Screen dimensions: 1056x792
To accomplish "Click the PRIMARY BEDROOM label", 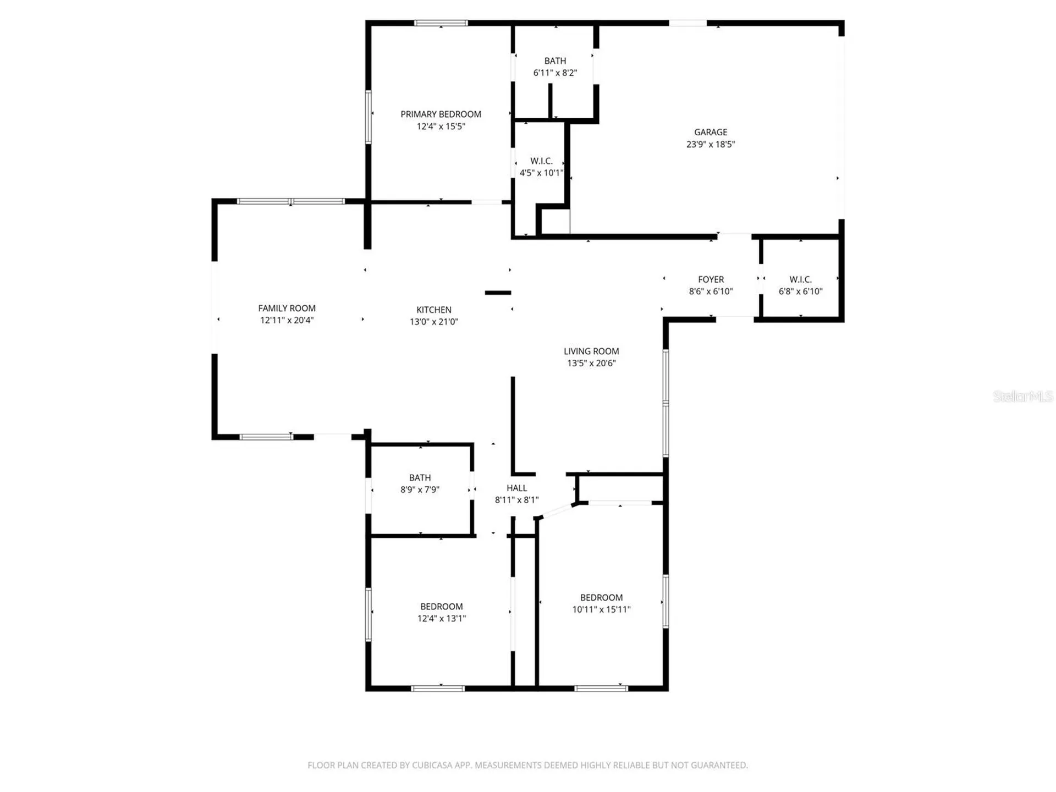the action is (441, 114).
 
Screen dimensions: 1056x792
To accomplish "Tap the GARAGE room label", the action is (711, 132).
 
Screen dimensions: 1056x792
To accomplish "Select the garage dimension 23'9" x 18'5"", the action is (711, 144).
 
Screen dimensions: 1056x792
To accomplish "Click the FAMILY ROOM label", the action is (287, 308).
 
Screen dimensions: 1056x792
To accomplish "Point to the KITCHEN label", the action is (434, 310).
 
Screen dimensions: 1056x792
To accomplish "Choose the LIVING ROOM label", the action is (591, 351).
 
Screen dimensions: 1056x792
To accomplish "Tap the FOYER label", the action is (711, 279).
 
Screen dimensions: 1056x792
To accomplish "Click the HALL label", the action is (517, 488).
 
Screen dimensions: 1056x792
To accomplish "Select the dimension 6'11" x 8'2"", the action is (555, 73).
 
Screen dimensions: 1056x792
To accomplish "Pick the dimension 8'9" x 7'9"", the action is (420, 490).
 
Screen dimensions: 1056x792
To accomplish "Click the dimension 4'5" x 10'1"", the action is (542, 173).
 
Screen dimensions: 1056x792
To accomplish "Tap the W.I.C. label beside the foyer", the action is (800, 279).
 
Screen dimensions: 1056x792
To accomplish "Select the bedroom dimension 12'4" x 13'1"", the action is (442, 618).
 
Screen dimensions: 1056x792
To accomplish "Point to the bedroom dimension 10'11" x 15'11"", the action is (601, 609).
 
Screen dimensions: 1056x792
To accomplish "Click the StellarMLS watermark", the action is (1023, 396).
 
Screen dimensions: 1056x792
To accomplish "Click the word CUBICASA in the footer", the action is (433, 765).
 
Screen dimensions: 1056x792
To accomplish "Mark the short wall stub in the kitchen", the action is (498, 293).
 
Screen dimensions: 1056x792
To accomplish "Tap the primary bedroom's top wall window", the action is (441, 23).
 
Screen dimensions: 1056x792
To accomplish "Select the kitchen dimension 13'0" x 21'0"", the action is (434, 322).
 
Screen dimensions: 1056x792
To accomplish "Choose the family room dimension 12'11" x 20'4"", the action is (287, 320).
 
